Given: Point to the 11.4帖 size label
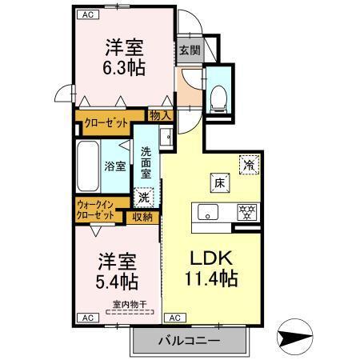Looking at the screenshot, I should [210, 281].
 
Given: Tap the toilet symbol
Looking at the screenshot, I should [217, 95].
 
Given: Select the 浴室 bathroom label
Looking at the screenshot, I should [114, 166].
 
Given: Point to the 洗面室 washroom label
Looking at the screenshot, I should [147, 163].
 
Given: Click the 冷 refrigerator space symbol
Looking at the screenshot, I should [250, 166].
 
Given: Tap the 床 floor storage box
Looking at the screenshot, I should [217, 183].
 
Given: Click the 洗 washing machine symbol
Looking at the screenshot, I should [143, 197].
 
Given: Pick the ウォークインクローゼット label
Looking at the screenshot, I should [96, 210].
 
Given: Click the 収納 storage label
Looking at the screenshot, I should [143, 215].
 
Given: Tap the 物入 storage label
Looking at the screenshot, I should [160, 115].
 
